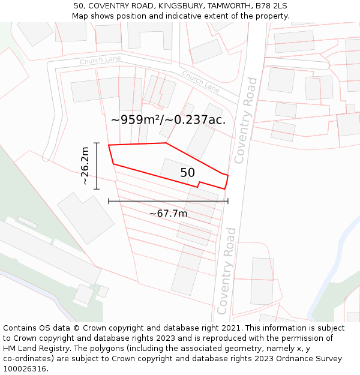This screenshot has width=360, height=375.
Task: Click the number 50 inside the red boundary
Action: point(188,173)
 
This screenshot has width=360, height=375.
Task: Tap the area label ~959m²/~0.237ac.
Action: point(168,119)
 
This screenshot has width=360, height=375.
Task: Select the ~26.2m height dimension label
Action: point(85,166)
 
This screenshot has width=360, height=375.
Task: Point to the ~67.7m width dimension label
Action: point(168,213)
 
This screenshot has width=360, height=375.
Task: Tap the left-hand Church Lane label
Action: point(100,61)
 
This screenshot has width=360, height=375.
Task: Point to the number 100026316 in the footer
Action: point(25,369)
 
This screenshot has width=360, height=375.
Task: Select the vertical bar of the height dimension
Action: point(96,166)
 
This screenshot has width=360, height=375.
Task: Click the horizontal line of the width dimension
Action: point(168,201)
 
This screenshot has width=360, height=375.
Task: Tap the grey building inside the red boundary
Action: point(174,170)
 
